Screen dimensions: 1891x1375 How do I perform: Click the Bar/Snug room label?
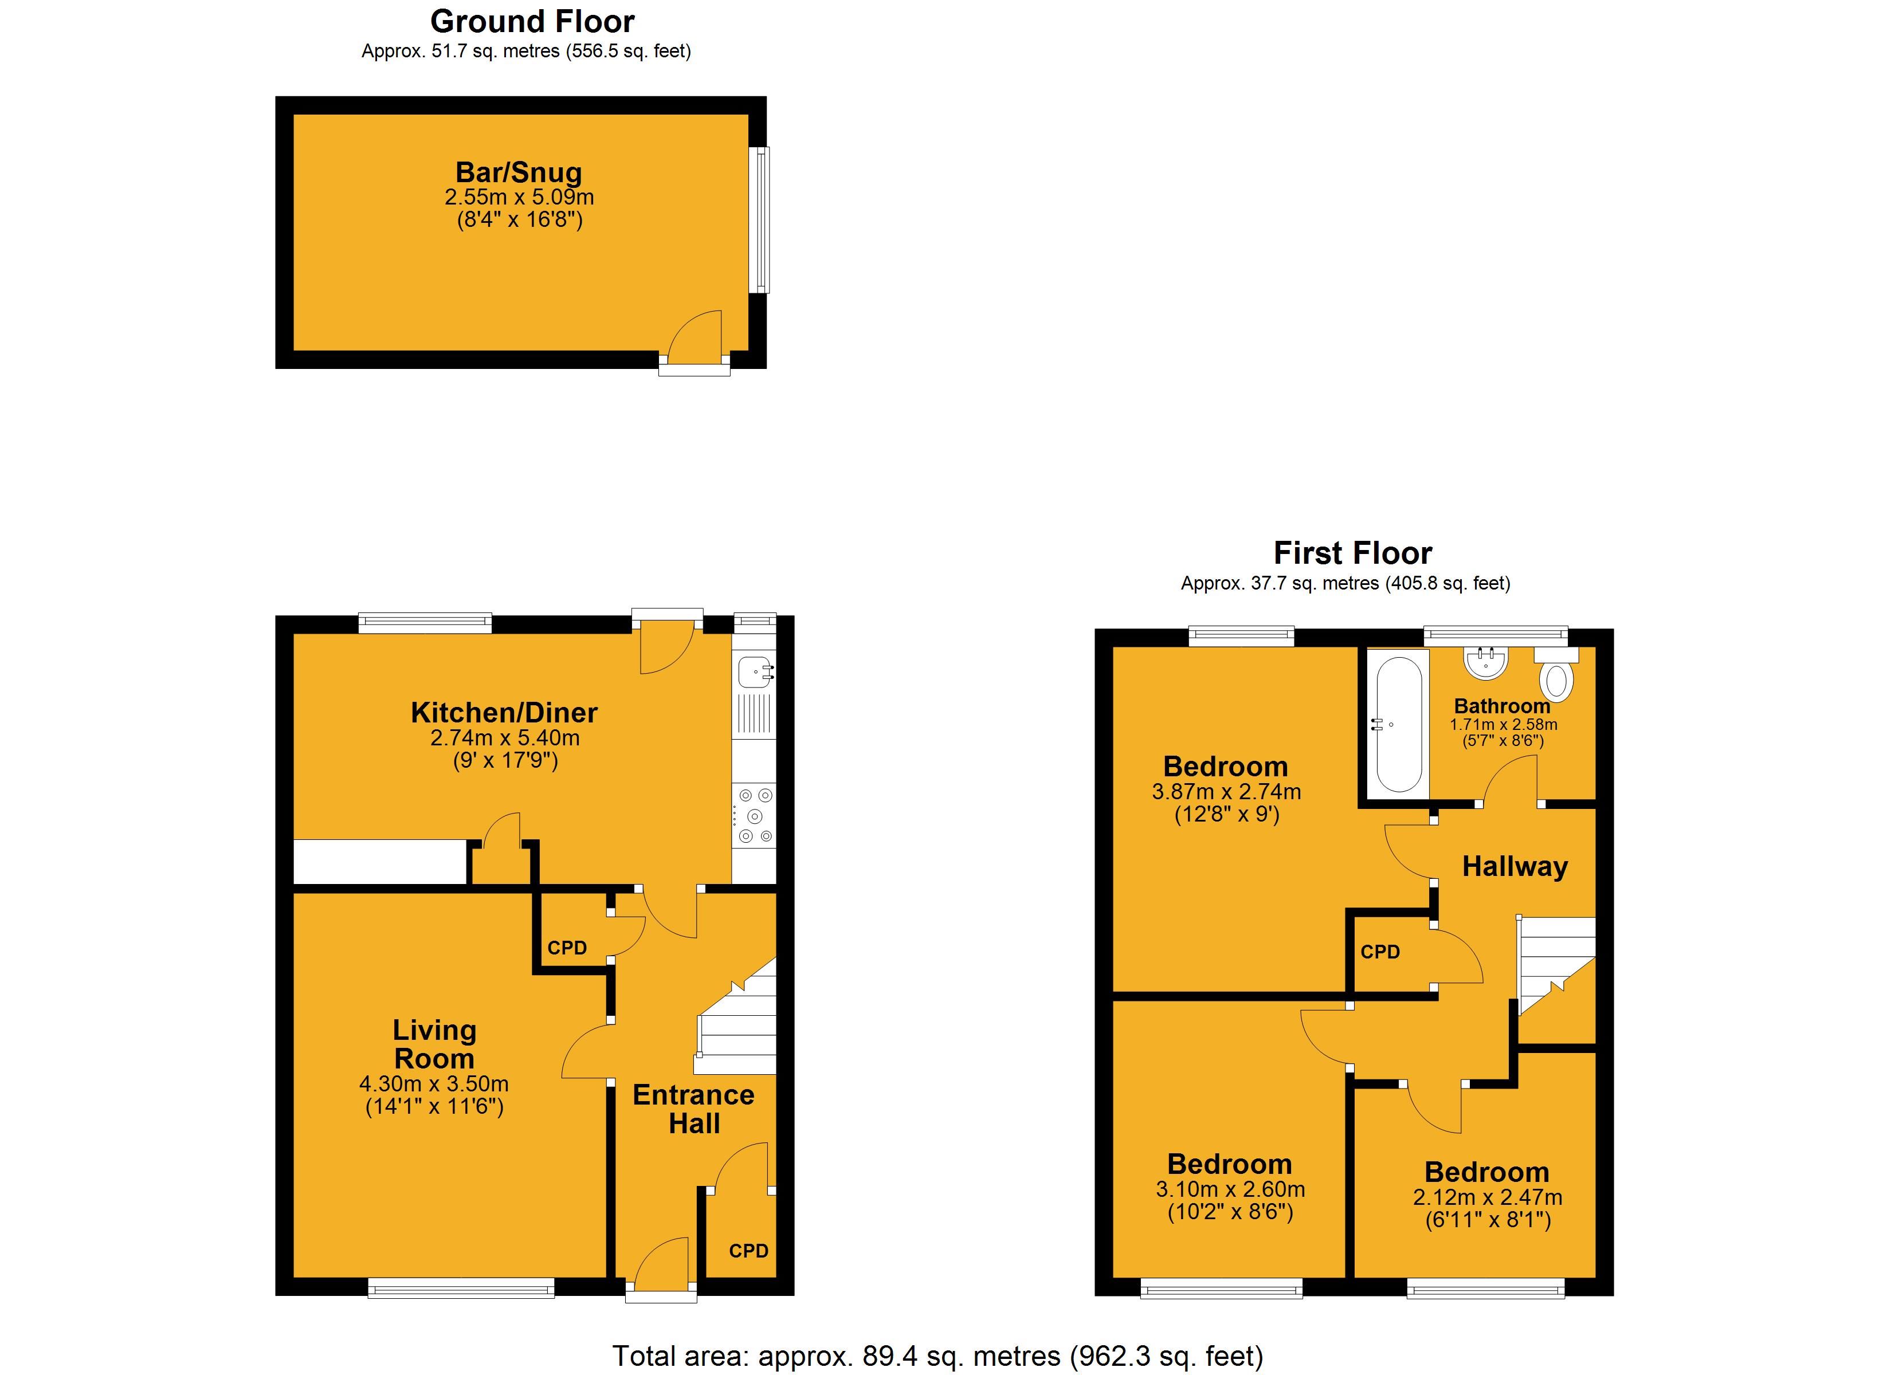coord(519,172)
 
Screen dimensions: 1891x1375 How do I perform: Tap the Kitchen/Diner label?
coord(504,713)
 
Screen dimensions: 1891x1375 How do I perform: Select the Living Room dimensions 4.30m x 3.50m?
coord(434,1084)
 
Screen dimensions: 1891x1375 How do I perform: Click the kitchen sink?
coord(755,671)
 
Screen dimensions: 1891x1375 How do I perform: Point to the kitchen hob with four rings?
coord(755,815)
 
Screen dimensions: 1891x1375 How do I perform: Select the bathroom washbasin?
coord(1486,662)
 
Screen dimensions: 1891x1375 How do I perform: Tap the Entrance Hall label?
coord(694,1109)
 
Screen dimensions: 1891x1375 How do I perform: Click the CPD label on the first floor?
coord(1380,952)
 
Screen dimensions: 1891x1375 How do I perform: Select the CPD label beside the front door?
coord(748,1251)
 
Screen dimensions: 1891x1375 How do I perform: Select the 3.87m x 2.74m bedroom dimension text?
coord(1226,792)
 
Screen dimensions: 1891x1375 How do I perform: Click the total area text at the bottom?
coord(938,1357)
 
